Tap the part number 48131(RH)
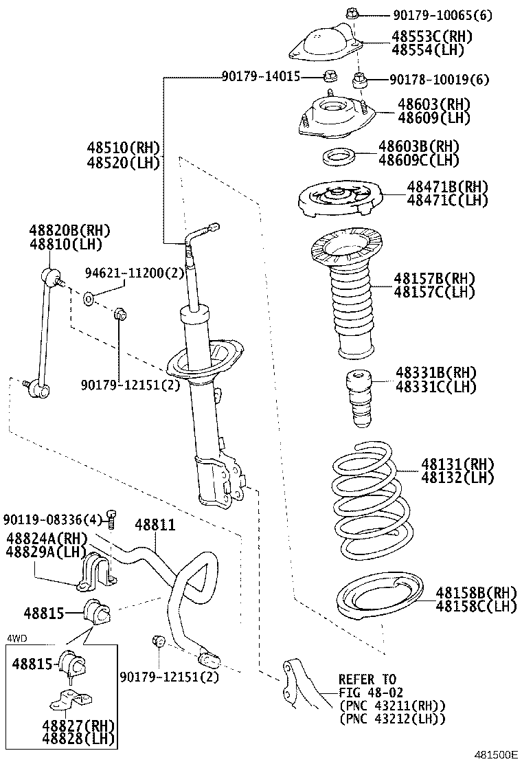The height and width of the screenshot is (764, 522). (457, 464)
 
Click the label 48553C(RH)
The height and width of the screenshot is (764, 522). (432, 36)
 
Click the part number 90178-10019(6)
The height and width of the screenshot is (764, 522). (439, 80)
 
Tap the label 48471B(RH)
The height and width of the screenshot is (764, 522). (446, 187)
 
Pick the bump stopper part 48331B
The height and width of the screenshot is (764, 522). (358, 398)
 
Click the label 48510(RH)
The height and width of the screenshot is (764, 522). (122, 148)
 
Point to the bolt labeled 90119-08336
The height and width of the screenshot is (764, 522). (113, 517)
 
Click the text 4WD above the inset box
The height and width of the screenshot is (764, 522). (16, 638)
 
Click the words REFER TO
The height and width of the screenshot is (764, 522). (367, 679)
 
